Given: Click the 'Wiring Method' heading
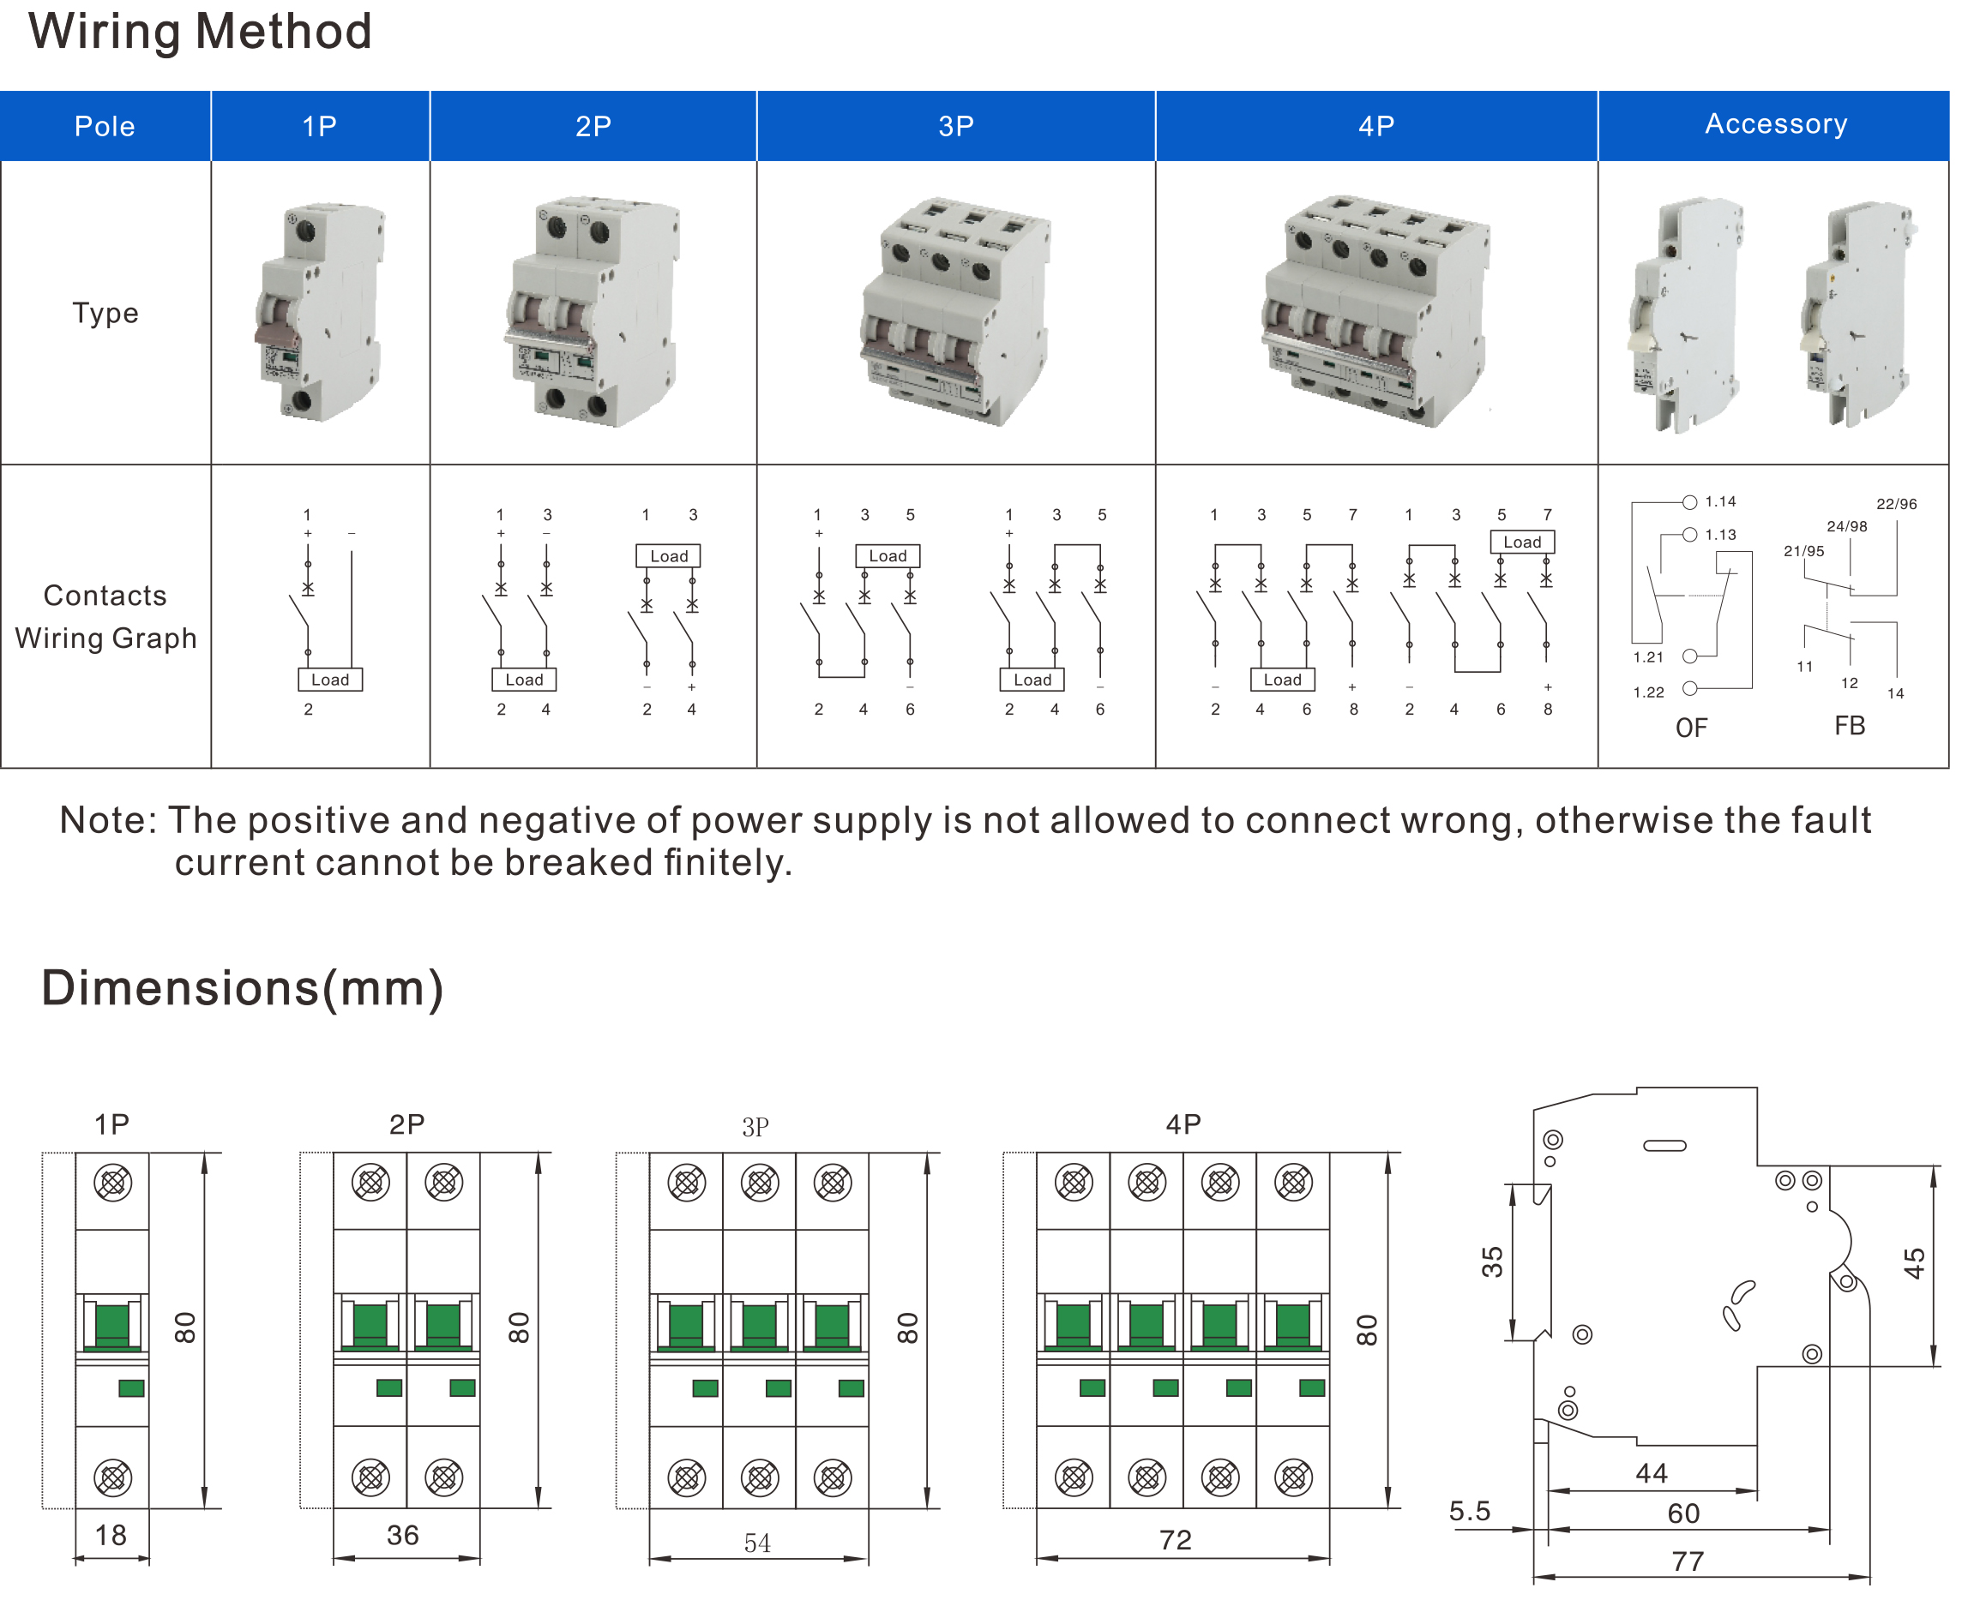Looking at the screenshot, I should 200,32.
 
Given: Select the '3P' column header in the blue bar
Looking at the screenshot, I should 955,126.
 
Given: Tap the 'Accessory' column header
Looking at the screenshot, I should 1775,124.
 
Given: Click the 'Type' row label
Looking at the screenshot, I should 105,313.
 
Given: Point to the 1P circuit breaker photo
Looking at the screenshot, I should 320,312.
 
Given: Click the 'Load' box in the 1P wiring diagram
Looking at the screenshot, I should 329,680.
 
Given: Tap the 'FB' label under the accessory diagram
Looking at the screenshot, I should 1849,726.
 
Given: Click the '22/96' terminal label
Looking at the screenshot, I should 1895,504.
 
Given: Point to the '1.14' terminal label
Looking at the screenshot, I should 1719,501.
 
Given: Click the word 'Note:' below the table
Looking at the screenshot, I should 108,821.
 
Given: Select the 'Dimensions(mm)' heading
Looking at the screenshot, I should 243,988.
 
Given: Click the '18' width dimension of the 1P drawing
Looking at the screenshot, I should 111,1536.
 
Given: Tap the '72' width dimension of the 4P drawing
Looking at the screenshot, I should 1176,1540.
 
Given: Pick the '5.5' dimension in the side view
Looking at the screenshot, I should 1469,1512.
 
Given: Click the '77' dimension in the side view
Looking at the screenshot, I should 1687,1561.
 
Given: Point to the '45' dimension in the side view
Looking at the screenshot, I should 1914,1263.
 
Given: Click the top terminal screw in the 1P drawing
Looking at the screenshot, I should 113,1183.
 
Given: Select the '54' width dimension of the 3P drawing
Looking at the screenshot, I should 757,1543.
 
